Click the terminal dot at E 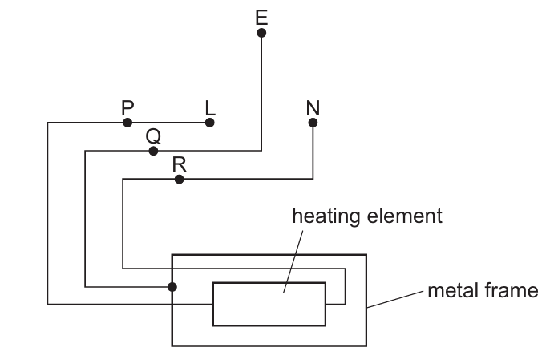261,33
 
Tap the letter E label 261,18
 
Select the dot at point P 127,123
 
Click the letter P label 127,107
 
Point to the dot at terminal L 210,123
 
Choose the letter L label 210,107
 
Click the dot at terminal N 313,123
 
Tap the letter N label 313,107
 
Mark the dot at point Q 153,152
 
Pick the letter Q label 153,136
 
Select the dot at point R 180,180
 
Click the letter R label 180,164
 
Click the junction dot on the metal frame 172,287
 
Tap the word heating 326,216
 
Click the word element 404,216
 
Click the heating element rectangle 269,283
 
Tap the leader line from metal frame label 395,299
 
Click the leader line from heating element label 293,261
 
